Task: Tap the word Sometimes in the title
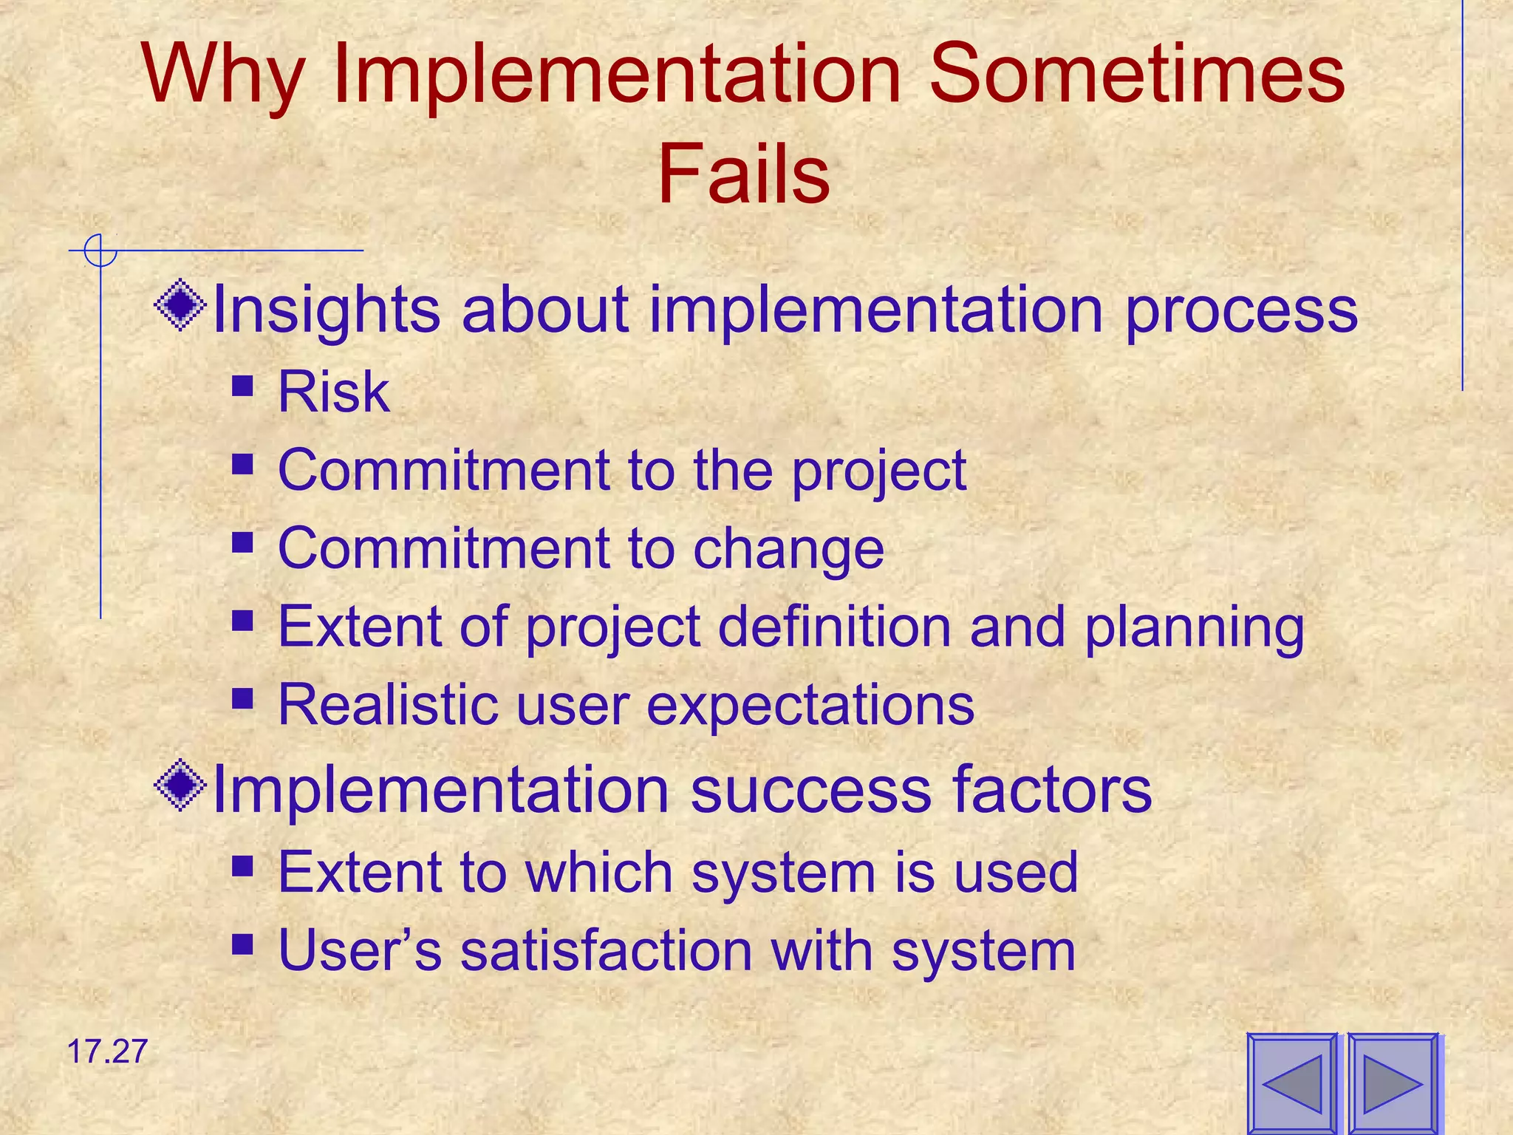pos(1136,74)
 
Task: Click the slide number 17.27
pos(107,1052)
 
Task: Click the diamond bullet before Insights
pos(180,304)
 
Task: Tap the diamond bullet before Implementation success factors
pos(180,785)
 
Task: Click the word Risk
pos(333,392)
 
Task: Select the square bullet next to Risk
pos(242,386)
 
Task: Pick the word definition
pos(835,627)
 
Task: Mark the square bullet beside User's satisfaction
pos(242,944)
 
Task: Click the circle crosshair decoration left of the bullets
pos(100,250)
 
